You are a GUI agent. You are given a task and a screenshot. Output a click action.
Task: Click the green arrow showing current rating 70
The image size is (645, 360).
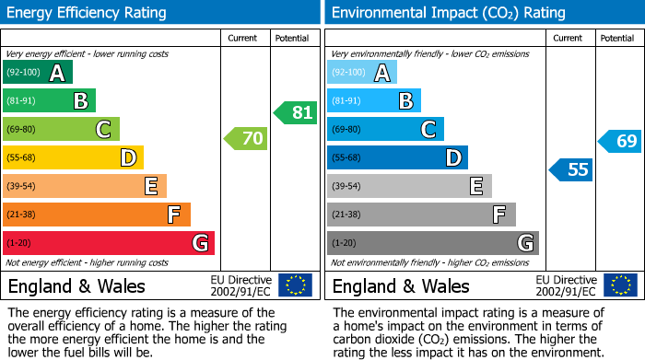pos(245,139)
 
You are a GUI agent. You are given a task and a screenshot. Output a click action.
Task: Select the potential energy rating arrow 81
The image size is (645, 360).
pos(295,113)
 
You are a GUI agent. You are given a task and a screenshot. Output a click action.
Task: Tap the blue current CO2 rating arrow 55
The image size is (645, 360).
pos(571,169)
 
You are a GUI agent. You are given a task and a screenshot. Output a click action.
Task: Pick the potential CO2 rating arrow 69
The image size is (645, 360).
pos(620,141)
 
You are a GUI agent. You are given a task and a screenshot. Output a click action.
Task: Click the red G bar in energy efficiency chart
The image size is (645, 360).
pos(109,243)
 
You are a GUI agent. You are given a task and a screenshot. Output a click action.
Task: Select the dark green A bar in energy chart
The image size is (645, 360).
pos(38,73)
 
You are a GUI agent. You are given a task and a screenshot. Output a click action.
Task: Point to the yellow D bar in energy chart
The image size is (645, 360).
pos(74,157)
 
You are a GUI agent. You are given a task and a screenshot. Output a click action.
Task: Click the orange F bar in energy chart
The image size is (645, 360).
pos(97,215)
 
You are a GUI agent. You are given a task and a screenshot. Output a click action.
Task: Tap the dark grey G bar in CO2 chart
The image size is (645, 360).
pos(433,243)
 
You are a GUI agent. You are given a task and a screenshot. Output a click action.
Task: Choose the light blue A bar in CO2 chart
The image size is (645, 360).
pos(362,73)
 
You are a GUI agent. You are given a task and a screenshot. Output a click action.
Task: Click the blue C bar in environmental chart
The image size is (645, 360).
pos(386,129)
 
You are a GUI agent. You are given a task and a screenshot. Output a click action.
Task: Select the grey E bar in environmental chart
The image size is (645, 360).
pos(410,186)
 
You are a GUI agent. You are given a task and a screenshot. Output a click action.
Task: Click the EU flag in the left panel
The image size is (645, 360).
pos(295,285)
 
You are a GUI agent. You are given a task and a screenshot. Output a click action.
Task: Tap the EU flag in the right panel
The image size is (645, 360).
pos(620,285)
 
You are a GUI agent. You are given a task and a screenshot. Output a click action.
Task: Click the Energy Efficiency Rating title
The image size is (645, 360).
pos(88,13)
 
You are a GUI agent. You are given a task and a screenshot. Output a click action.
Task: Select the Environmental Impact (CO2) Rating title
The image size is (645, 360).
pos(448,13)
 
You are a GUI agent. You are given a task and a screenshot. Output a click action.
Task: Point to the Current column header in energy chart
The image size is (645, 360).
pos(243,38)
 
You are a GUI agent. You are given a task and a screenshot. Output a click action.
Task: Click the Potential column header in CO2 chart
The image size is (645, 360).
pos(617,38)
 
